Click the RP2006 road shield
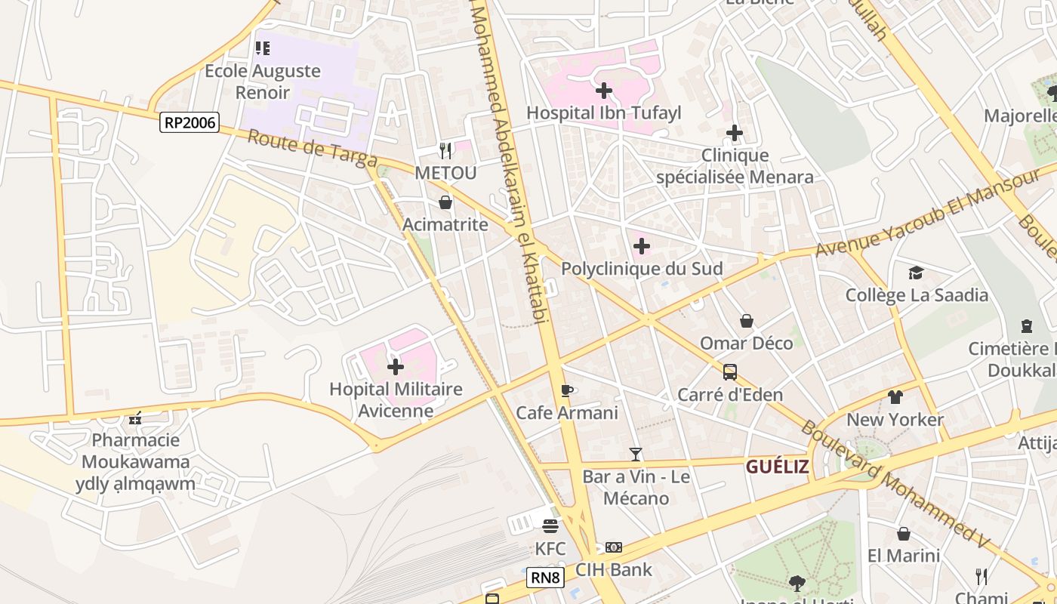[x=189, y=122]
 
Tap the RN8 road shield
[x=545, y=578]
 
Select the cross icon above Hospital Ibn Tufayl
[x=604, y=91]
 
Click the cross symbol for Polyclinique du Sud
[x=642, y=246]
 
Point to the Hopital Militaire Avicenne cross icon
[x=396, y=368]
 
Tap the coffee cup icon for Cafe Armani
[x=567, y=390]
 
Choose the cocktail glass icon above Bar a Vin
[x=636, y=455]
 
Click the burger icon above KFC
[x=550, y=525]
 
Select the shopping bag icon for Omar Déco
[x=747, y=321]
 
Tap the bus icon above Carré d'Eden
[x=730, y=371]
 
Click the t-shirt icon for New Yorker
[x=895, y=397]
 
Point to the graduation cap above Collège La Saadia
[x=916, y=273]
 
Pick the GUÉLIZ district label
[x=777, y=467]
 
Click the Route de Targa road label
[x=312, y=148]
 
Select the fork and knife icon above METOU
[x=445, y=151]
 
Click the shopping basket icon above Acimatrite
[x=445, y=202]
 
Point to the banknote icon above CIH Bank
[x=614, y=547]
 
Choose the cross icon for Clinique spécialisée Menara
[x=735, y=134]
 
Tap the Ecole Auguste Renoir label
[x=263, y=82]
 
